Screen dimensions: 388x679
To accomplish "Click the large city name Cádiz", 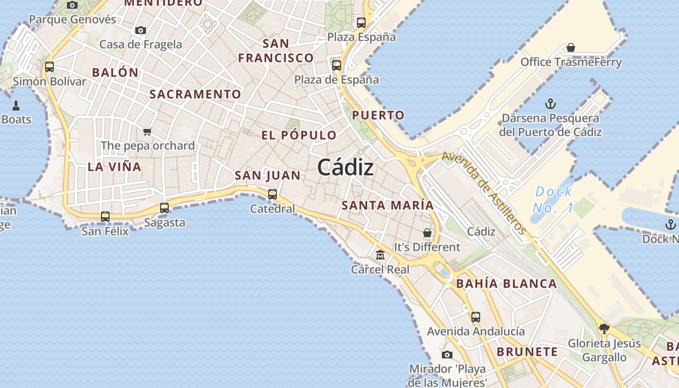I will tap(345, 168).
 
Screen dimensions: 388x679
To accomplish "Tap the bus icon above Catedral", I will tap(273, 194).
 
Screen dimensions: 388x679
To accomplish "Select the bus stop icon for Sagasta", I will tap(164, 208).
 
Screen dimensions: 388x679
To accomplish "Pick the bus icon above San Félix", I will tap(105, 217).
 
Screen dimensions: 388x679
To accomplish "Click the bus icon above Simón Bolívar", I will tap(49, 67).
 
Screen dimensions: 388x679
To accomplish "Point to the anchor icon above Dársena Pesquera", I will tap(550, 104).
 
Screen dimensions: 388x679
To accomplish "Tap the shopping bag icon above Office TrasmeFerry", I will tap(571, 48).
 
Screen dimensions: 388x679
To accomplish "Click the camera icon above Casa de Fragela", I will tap(141, 30).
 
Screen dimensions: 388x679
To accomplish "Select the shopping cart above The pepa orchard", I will tap(147, 131).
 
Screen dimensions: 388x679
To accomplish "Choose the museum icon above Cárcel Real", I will tap(380, 255).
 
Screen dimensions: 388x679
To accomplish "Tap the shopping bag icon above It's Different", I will tap(427, 233).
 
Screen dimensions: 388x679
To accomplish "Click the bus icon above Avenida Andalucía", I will tap(476, 317).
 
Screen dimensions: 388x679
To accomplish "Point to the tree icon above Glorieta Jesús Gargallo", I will tap(604, 329).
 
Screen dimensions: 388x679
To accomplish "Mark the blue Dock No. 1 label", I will tap(553, 200).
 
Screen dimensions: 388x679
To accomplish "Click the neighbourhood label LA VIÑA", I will tap(114, 167).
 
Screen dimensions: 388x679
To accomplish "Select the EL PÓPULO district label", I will tap(299, 135).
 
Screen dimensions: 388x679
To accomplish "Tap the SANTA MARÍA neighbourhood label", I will tap(388, 205).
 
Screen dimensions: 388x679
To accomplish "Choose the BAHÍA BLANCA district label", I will tap(506, 284).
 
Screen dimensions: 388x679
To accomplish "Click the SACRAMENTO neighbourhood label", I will tap(195, 94).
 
